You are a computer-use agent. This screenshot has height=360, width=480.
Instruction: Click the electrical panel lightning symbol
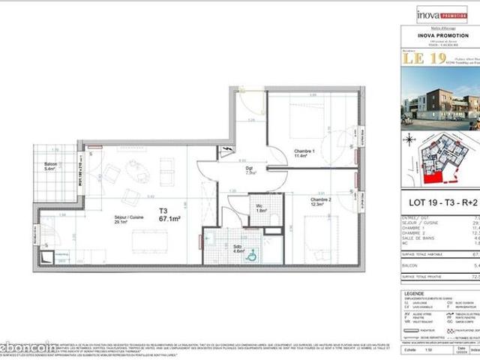point(228,152)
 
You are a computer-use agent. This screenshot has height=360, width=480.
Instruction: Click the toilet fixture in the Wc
point(274,216)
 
